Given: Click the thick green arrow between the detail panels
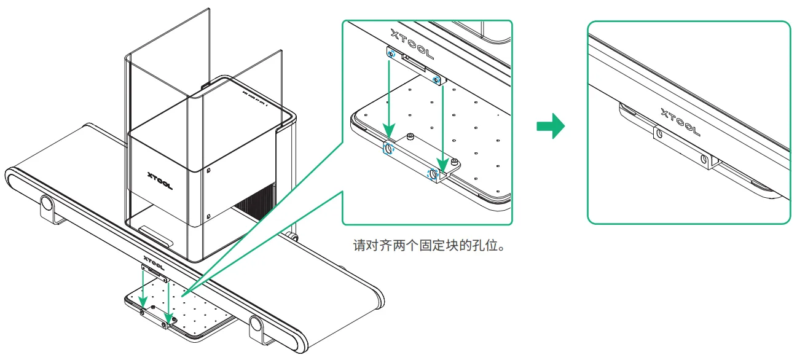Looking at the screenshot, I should [x=550, y=125].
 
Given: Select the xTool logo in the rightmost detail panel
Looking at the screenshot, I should [x=680, y=121].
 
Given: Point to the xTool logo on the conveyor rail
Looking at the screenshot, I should [x=152, y=260].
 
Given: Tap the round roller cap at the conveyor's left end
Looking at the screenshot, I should [x=46, y=202].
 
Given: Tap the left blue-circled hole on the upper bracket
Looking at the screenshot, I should [x=390, y=55].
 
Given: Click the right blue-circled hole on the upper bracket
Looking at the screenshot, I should [x=436, y=80].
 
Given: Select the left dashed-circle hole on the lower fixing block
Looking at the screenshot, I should [x=388, y=149].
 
